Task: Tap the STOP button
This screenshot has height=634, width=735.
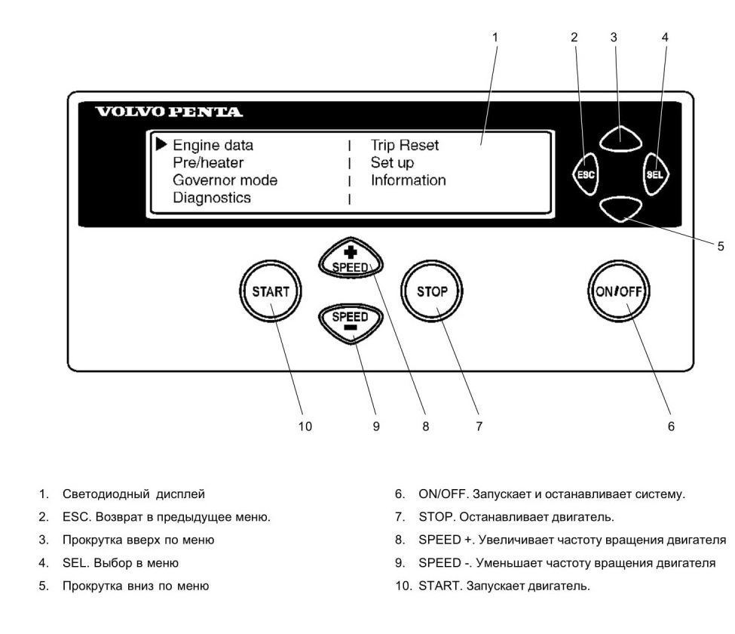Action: [432, 291]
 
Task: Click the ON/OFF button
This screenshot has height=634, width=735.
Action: [619, 291]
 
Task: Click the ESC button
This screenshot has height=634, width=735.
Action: [586, 174]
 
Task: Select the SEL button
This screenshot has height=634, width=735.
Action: [655, 174]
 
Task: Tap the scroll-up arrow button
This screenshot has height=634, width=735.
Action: [620, 138]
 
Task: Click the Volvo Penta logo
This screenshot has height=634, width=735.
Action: [169, 112]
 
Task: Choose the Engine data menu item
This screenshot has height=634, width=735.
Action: [213, 146]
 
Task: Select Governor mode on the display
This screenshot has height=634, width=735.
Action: [225, 180]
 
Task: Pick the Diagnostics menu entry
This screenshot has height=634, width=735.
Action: [212, 198]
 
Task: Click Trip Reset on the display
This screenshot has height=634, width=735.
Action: [405, 146]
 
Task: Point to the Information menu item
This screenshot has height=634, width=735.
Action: [409, 180]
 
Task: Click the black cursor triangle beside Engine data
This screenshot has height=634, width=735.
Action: [161, 145]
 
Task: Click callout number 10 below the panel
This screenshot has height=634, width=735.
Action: [305, 426]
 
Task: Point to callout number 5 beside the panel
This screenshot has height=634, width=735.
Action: [721, 246]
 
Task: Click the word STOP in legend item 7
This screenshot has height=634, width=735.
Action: [436, 517]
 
